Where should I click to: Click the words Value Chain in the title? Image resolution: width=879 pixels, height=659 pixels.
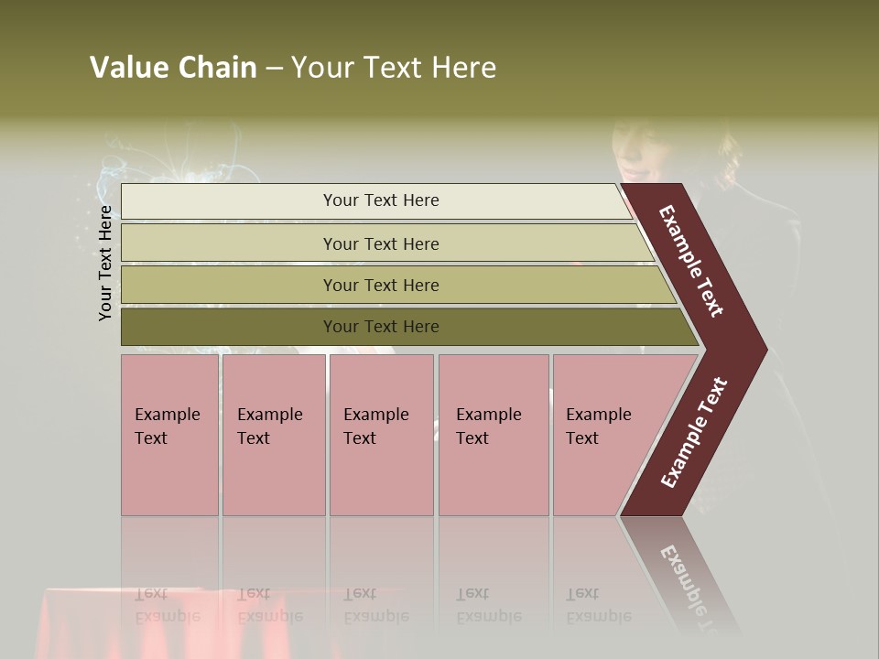[x=173, y=68]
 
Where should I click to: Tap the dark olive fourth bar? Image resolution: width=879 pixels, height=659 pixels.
[x=229, y=327]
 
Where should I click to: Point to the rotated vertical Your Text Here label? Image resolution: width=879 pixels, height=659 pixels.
[x=105, y=263]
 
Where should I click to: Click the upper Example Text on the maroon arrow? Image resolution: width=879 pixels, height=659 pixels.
[x=691, y=261]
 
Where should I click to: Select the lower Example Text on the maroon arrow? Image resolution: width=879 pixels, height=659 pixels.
[x=694, y=433]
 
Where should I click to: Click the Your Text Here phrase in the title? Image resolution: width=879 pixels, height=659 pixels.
[x=394, y=68]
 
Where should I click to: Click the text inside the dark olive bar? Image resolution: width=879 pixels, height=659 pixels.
[x=381, y=327]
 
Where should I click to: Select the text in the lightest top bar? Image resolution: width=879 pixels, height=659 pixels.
[x=381, y=200]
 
